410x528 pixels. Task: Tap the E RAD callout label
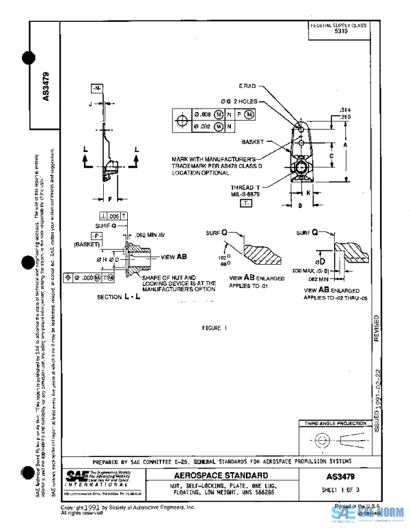(247, 87)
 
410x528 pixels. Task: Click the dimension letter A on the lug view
(346, 145)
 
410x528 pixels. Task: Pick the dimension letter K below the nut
(309, 193)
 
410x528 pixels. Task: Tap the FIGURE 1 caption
(214, 328)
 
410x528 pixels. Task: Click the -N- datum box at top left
(97, 89)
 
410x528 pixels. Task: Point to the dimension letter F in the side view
(109, 199)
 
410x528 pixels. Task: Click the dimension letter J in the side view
(90, 104)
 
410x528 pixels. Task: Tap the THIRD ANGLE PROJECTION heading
(336, 423)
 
